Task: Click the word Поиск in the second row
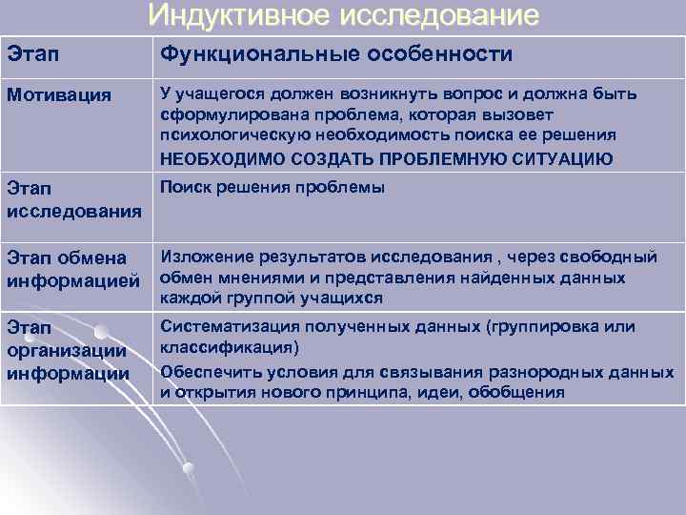pos(184,188)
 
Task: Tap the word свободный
pos(610,256)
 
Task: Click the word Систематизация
pos(225,327)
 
